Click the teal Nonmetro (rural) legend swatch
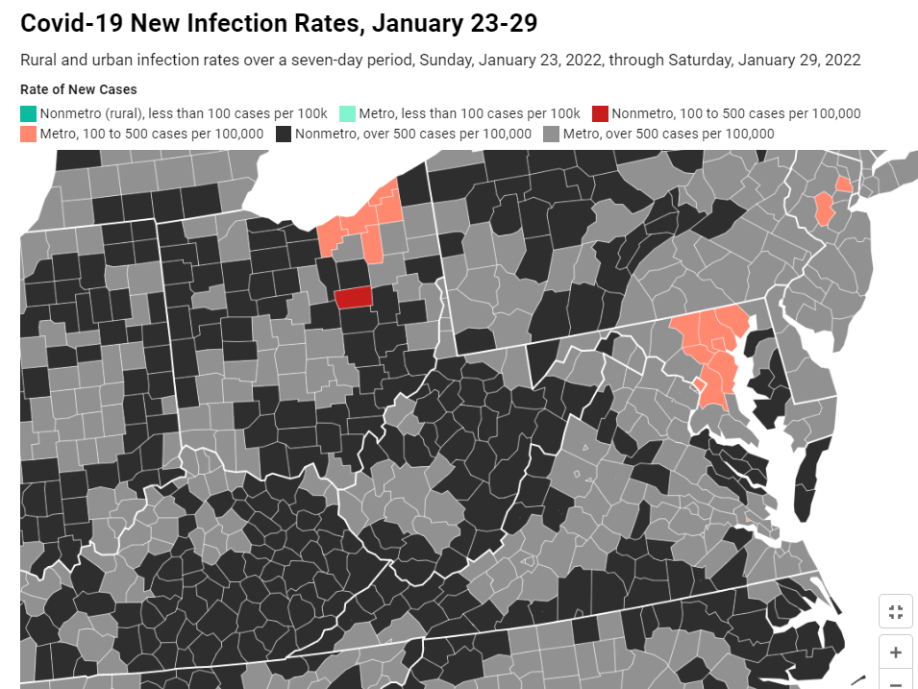pyautogui.click(x=28, y=113)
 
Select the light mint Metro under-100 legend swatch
pyautogui.click(x=347, y=113)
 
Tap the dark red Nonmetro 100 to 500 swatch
pyautogui.click(x=600, y=113)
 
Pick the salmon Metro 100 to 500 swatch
pyautogui.click(x=28, y=135)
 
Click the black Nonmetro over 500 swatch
pyautogui.click(x=284, y=135)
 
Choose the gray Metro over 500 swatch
pyautogui.click(x=551, y=135)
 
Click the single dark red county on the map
pyautogui.click(x=353, y=297)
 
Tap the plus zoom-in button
pyautogui.click(x=895, y=652)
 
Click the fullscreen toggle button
pyautogui.click(x=895, y=612)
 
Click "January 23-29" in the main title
pyautogui.click(x=455, y=23)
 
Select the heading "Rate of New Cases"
pyautogui.click(x=79, y=89)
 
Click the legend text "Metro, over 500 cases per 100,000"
pyautogui.click(x=669, y=135)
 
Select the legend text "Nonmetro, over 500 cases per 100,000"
pyautogui.click(x=413, y=135)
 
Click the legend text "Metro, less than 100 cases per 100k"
pyautogui.click(x=469, y=113)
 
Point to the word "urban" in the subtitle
pyautogui.click(x=112, y=60)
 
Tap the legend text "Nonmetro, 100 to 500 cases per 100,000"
pyautogui.click(x=736, y=113)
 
